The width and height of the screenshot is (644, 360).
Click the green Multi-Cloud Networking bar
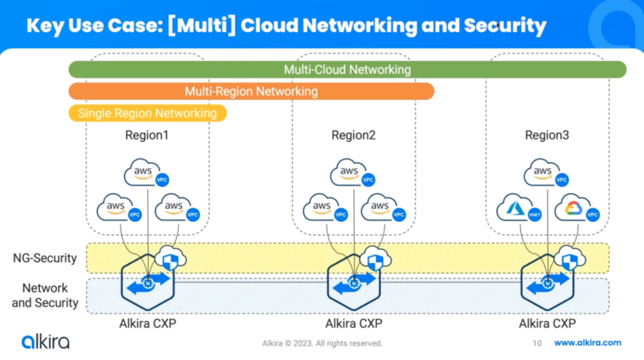347,69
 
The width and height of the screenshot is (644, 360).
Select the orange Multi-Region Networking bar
251,91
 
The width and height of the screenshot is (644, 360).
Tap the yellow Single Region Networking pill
147,113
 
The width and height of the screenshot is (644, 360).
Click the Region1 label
147,135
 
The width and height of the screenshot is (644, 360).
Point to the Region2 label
353,135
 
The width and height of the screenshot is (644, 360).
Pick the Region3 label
547,135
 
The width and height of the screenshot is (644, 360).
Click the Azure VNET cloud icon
519,208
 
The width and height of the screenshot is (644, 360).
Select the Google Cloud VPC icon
577,208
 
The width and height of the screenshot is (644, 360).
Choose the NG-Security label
45,258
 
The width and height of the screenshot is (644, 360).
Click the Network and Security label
45,295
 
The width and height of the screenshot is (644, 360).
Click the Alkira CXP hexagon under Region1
148,282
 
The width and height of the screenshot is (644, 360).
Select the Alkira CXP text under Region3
547,324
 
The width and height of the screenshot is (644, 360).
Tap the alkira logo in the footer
45,342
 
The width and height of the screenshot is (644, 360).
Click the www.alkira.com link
587,343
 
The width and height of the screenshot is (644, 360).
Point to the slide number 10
537,343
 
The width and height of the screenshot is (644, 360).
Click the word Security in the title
505,26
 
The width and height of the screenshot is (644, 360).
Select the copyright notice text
323,343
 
